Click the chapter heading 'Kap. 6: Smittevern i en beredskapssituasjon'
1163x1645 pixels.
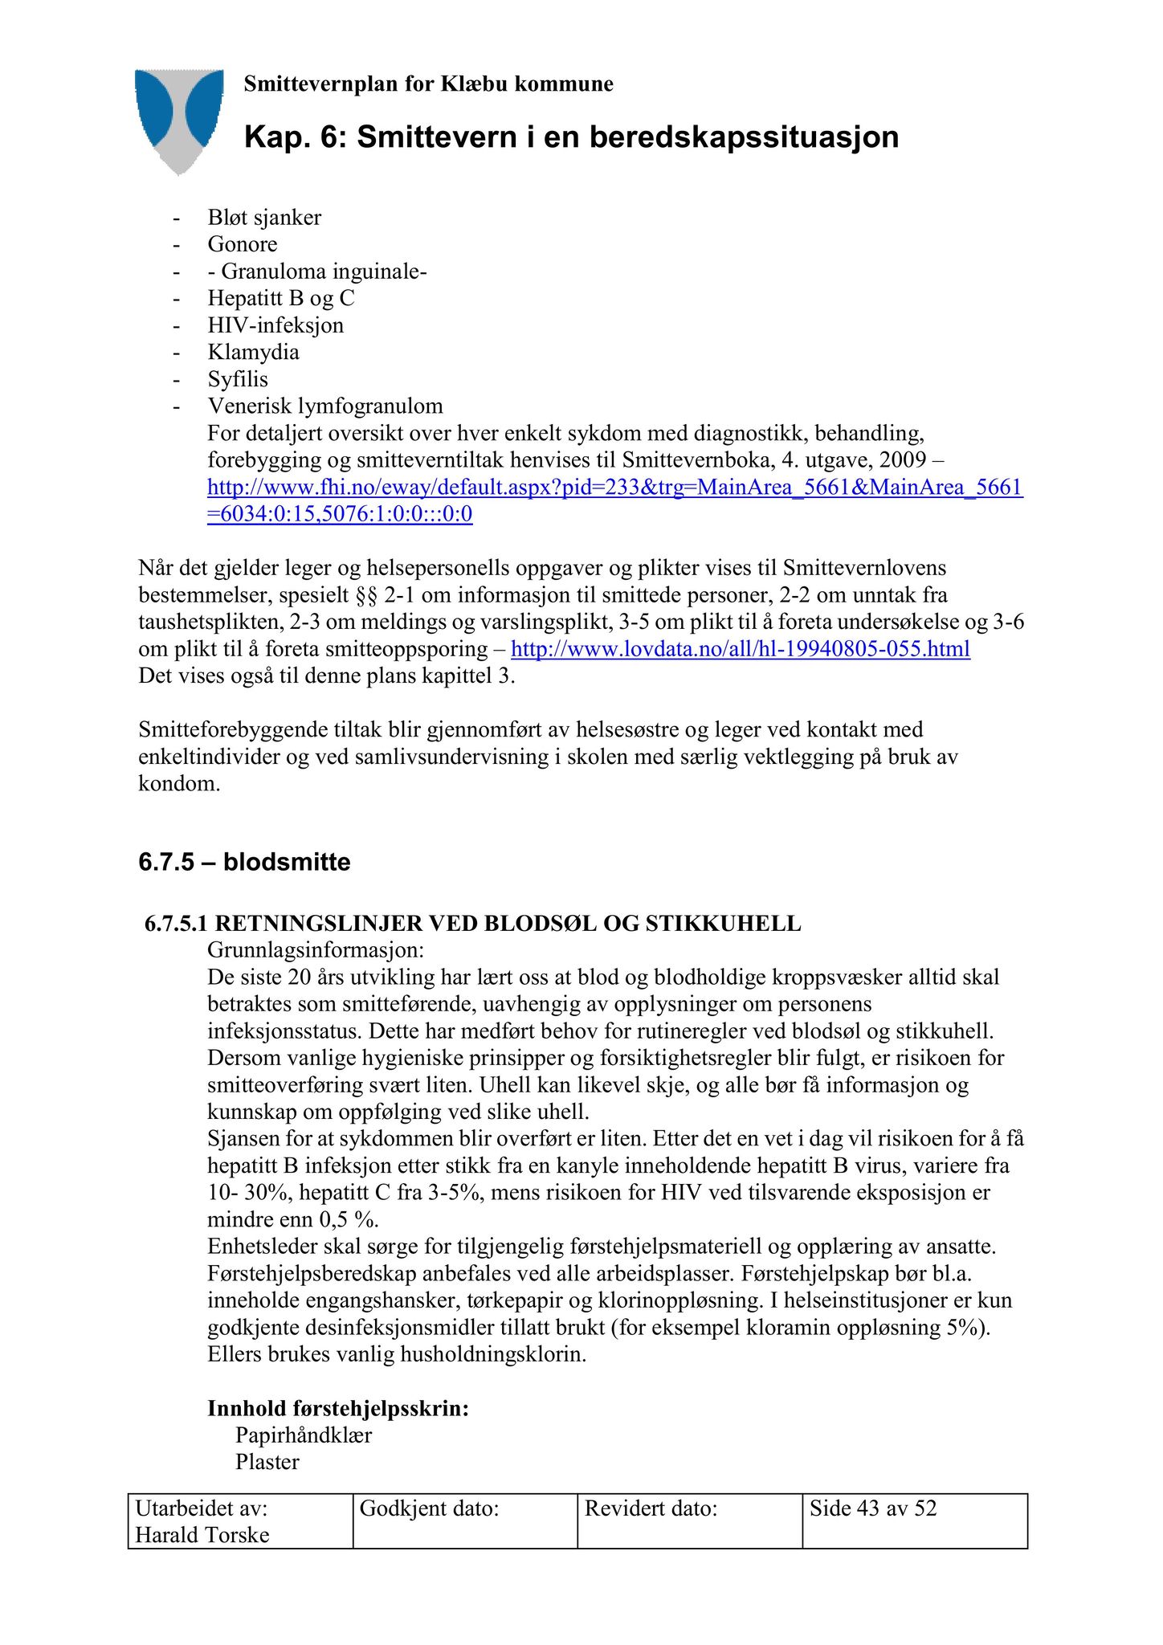click(571, 137)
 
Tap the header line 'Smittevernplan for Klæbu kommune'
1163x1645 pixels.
click(428, 84)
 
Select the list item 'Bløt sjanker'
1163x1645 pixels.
click(264, 218)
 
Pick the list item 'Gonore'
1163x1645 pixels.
click(243, 244)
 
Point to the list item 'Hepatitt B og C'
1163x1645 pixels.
click(281, 298)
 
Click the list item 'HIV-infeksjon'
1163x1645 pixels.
click(275, 325)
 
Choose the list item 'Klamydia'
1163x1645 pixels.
click(253, 352)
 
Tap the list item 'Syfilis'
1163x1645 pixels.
click(238, 379)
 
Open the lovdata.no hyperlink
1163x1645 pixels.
click(741, 649)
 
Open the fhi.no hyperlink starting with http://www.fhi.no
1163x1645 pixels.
click(614, 488)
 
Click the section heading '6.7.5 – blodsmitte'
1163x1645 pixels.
click(244, 863)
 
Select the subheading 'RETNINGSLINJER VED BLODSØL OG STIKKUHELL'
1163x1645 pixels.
click(508, 924)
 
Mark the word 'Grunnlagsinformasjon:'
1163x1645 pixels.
click(316, 950)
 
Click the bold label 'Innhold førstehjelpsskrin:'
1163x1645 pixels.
click(338, 1408)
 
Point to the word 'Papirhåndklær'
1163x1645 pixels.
click(304, 1435)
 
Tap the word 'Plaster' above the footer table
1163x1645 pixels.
click(267, 1462)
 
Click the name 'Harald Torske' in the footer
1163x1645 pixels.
click(202, 1535)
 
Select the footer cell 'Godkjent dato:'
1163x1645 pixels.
click(430, 1508)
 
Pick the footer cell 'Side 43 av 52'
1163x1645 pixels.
click(873, 1508)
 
